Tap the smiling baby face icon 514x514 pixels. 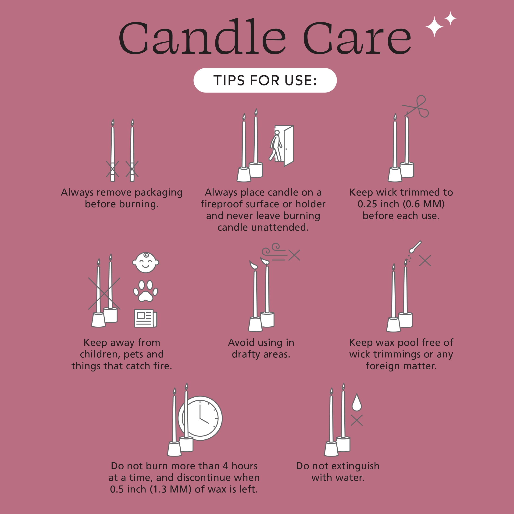[x=146, y=263]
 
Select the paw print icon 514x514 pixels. [x=146, y=291]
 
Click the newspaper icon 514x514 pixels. [x=146, y=318]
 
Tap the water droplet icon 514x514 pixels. [x=357, y=403]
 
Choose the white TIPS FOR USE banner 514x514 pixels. [x=265, y=80]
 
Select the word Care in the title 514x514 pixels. [x=357, y=39]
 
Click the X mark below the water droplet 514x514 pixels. [x=357, y=420]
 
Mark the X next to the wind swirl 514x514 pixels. [x=294, y=255]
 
